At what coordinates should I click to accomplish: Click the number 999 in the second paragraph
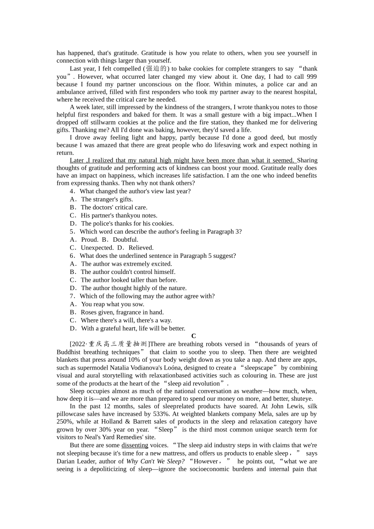311,77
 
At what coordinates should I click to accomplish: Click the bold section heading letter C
193,336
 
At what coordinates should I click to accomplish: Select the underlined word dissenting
135,445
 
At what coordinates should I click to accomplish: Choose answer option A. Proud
84,239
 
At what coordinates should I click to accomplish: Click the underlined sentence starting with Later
182,160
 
